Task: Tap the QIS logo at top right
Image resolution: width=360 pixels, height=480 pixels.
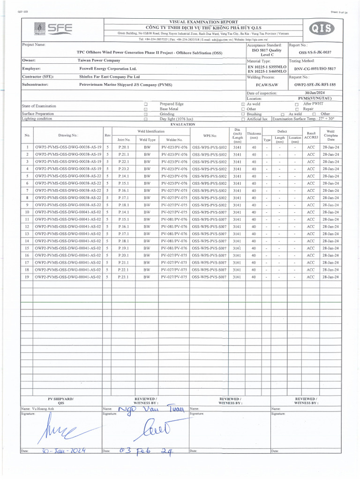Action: (x=323, y=29)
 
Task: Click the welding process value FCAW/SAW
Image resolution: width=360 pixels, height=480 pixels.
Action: (x=265, y=85)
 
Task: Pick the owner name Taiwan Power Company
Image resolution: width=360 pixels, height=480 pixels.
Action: (x=99, y=60)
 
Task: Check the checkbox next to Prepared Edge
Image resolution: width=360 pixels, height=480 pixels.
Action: (x=146, y=104)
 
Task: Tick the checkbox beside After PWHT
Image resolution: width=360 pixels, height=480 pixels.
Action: (x=297, y=104)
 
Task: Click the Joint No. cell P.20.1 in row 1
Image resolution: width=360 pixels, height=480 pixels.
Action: (x=124, y=147)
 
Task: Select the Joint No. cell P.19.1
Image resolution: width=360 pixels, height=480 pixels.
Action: (x=124, y=248)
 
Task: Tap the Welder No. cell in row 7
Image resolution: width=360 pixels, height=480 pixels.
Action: (x=174, y=190)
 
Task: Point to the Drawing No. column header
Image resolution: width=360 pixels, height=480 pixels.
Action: (x=68, y=135)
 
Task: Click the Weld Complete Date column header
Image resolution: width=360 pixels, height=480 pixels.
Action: (x=330, y=135)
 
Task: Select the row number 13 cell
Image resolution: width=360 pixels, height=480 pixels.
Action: (x=27, y=233)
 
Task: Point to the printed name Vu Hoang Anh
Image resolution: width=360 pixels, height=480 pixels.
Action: (x=42, y=409)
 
